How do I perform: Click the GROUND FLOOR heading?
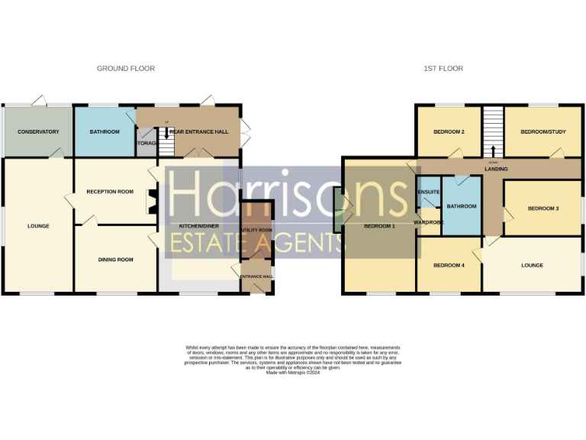(125, 69)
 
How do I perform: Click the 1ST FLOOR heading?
(443, 69)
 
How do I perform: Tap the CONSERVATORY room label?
(38, 131)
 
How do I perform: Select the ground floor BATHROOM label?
(105, 131)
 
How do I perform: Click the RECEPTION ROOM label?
(110, 192)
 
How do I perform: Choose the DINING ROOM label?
(115, 260)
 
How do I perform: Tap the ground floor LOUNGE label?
(38, 226)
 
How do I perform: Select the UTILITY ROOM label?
(256, 230)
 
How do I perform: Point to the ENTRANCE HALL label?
(256, 276)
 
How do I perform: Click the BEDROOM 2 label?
(449, 131)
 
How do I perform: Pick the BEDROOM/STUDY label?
(540, 131)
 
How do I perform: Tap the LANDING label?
(496, 169)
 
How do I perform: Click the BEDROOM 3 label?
(543, 208)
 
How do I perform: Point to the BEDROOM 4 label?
(449, 265)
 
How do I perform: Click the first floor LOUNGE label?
(532, 265)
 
